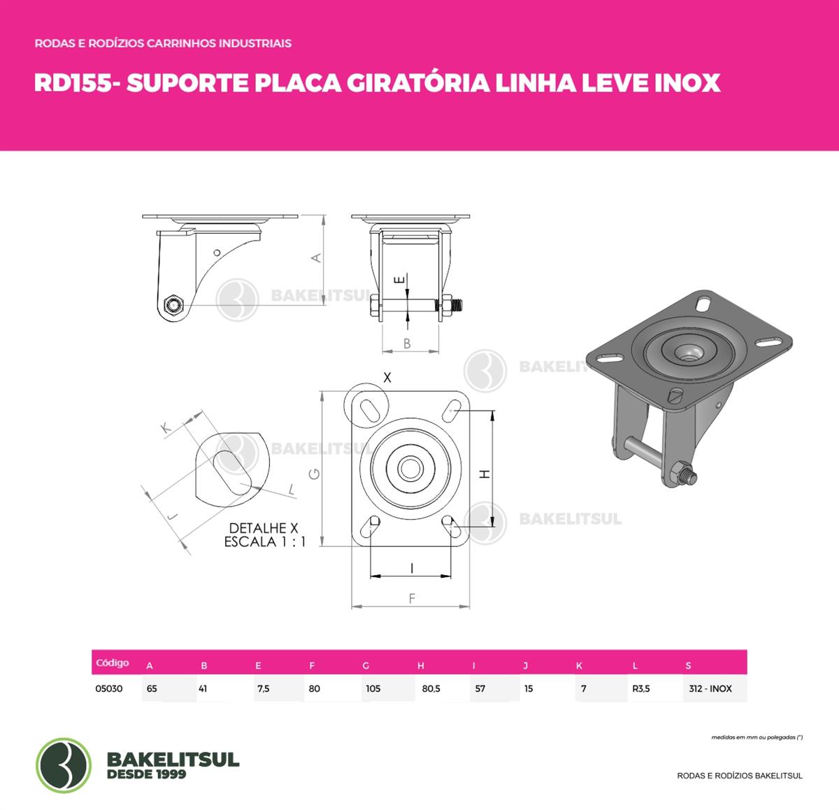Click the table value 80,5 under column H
[431, 689]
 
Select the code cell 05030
[108, 689]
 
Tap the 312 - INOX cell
[710, 689]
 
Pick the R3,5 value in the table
[640, 689]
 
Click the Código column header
[113, 663]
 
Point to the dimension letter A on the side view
[317, 258]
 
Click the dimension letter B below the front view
[407, 343]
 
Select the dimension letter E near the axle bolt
[401, 280]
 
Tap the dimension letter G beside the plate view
[315, 474]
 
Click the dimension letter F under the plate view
[413, 599]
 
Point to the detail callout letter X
[387, 378]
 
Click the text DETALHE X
[264, 528]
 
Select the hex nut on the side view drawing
[173, 305]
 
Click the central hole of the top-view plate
[410, 469]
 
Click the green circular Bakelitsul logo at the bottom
[64, 765]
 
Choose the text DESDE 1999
[146, 774]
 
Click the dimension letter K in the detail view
[166, 428]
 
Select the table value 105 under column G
[373, 689]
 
